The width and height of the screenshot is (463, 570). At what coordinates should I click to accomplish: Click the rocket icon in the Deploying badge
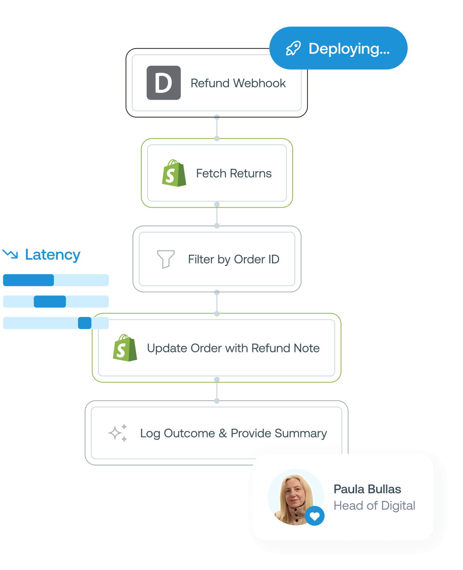(293, 49)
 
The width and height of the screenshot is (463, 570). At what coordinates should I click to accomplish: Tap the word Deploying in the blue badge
(349, 49)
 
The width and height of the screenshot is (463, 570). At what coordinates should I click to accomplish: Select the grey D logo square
(164, 83)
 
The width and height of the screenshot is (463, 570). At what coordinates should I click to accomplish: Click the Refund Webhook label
(238, 83)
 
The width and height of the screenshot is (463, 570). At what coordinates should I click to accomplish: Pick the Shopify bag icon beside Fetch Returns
(174, 173)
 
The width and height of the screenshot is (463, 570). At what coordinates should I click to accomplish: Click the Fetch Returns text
(234, 173)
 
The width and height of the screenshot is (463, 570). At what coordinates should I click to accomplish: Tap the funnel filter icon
(165, 259)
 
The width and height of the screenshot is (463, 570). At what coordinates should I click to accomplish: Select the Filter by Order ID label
(234, 259)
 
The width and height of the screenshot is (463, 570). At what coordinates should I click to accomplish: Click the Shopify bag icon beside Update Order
(125, 348)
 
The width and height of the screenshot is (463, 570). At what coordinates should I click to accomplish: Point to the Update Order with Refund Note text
(233, 348)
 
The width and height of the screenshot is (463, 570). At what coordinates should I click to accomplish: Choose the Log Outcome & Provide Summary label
(233, 433)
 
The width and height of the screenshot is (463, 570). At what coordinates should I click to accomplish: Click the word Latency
(53, 254)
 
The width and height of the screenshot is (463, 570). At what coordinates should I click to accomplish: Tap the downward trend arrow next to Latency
(10, 254)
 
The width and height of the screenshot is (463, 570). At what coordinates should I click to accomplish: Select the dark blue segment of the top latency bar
(28, 280)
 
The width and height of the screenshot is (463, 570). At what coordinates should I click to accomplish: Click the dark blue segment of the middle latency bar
(50, 302)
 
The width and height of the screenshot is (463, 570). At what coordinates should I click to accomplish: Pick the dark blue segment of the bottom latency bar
(85, 323)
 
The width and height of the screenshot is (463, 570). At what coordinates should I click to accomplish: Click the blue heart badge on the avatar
(315, 516)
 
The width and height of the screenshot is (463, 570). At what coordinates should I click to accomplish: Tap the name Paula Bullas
(367, 489)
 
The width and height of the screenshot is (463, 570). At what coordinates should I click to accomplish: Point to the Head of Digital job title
(374, 505)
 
